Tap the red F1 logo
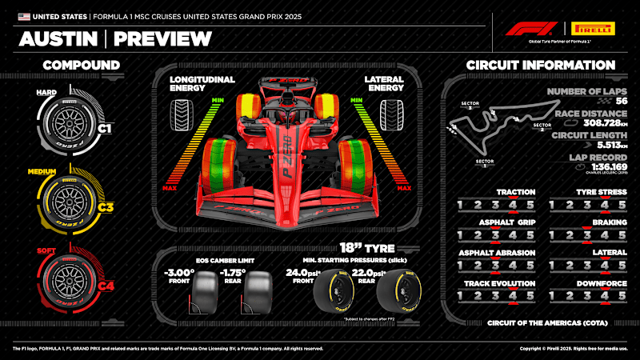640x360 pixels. (x=530, y=29)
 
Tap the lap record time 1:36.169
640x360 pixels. (x=598, y=167)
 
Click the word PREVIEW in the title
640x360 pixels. (x=162, y=38)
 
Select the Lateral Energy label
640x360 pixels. (x=384, y=85)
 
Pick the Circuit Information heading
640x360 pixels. (x=540, y=65)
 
